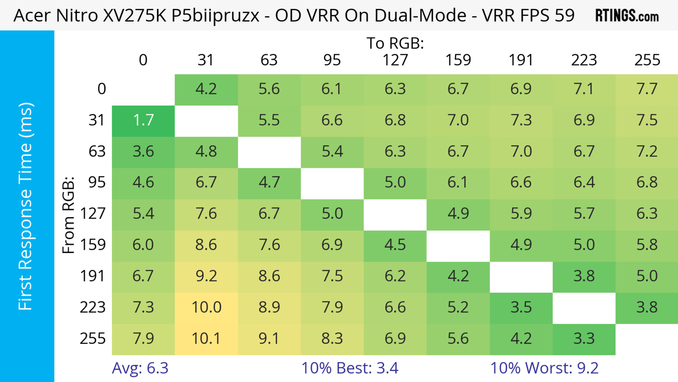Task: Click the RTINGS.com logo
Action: click(x=627, y=16)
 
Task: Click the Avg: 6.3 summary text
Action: click(x=140, y=368)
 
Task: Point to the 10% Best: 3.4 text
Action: click(x=350, y=368)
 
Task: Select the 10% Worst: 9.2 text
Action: click(x=544, y=368)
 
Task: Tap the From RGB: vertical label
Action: click(x=69, y=215)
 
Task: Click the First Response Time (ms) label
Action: click(x=26, y=206)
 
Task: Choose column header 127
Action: click(x=395, y=60)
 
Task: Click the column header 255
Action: click(x=647, y=60)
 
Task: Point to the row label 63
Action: click(x=97, y=151)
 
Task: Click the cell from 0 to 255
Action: click(x=647, y=89)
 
